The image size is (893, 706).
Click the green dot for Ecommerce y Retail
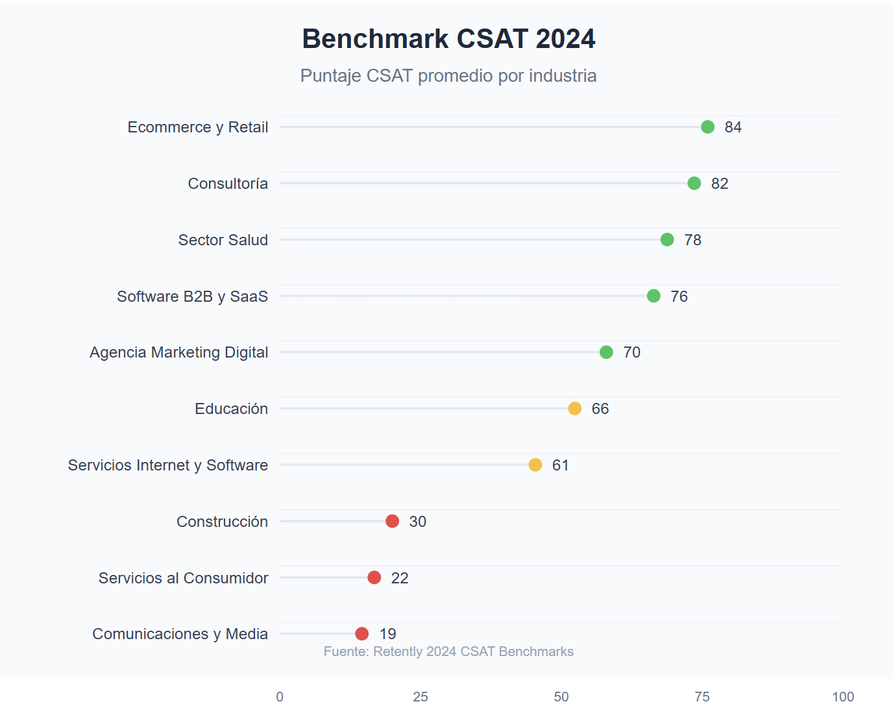coord(707,127)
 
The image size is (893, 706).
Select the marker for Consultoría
coord(694,183)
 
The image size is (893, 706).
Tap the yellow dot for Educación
coord(574,408)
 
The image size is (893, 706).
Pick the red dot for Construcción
coord(392,521)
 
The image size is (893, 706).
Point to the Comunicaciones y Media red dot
coord(362,634)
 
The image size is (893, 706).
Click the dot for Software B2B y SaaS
coord(654,296)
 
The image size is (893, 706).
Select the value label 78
coord(692,240)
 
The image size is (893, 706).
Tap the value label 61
coord(560,465)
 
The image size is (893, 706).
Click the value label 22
coord(399,578)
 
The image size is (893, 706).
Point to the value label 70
coord(631,352)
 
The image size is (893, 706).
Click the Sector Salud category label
coord(223,240)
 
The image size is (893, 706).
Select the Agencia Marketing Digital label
coord(178,352)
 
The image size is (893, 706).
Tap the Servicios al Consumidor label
coord(183,578)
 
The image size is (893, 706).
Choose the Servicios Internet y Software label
coord(167,465)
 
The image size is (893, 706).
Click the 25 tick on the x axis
coord(421,697)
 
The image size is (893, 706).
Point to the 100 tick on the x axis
coord(843,697)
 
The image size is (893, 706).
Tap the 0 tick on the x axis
coord(280,697)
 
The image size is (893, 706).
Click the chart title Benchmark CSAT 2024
coord(448,39)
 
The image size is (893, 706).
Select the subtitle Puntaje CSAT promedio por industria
coord(448,76)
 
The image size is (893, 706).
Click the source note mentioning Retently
coord(448,651)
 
